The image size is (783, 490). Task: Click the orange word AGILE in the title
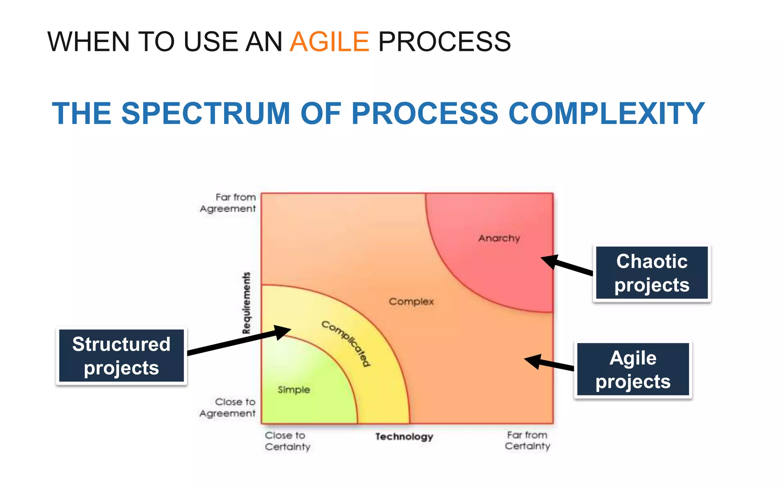point(330,42)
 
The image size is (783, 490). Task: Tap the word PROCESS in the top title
point(444,42)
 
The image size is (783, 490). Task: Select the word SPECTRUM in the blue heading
point(206,113)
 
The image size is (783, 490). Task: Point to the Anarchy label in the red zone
point(499,238)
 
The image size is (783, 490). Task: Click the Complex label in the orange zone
point(411,302)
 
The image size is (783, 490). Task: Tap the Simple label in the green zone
point(294,390)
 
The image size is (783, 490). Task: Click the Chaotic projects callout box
point(652,273)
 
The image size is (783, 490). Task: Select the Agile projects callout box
point(633,370)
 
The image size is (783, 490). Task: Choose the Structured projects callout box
point(122,356)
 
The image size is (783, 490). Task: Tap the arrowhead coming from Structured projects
point(283,331)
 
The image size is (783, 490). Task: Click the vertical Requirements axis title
point(247,303)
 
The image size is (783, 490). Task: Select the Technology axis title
point(404,437)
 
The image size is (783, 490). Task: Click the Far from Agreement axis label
point(228,203)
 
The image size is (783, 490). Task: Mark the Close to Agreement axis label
point(228,408)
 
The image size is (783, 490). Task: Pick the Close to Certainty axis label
point(288,441)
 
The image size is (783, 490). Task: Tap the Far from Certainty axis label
point(528,441)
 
